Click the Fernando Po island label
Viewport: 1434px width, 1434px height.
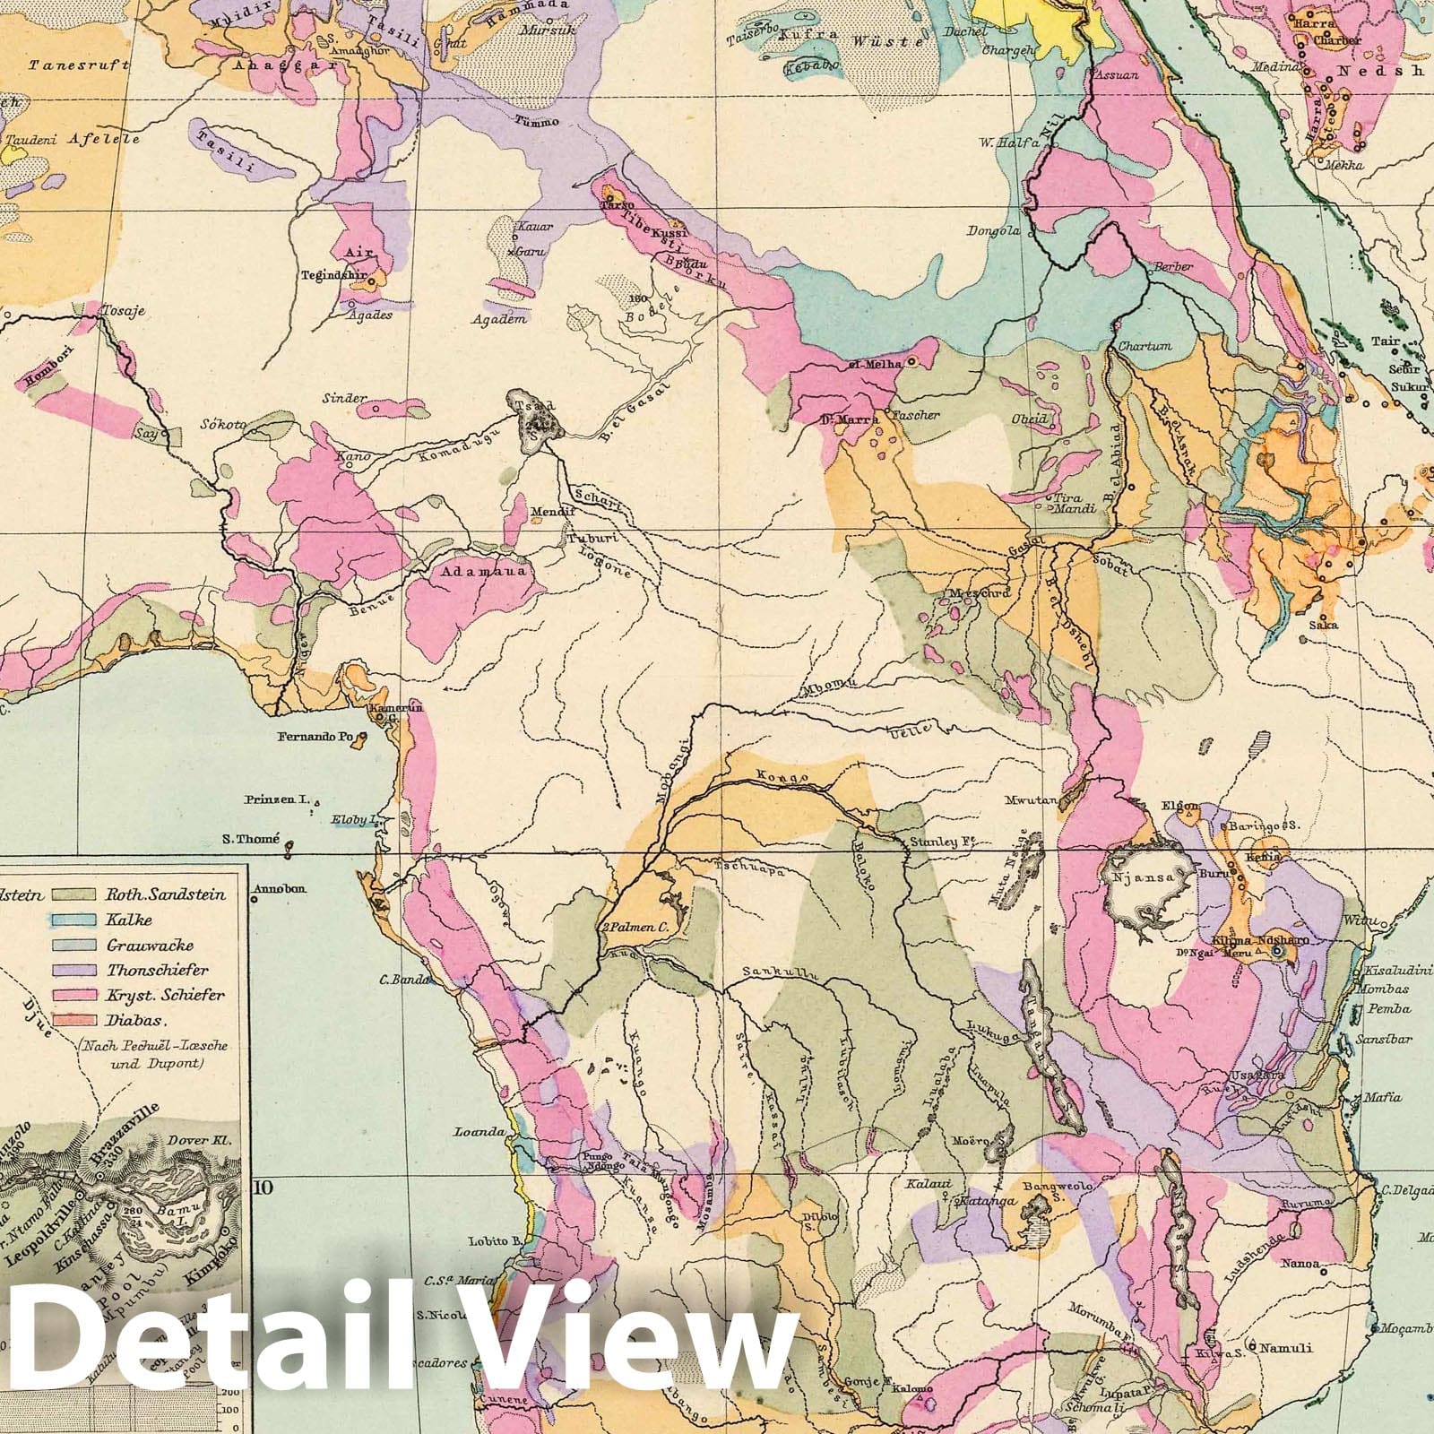pos(316,737)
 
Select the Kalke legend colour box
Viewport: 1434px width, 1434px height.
pos(75,920)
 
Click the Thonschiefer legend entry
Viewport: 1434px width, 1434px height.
pos(156,970)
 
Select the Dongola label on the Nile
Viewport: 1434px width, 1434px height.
pos(993,231)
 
